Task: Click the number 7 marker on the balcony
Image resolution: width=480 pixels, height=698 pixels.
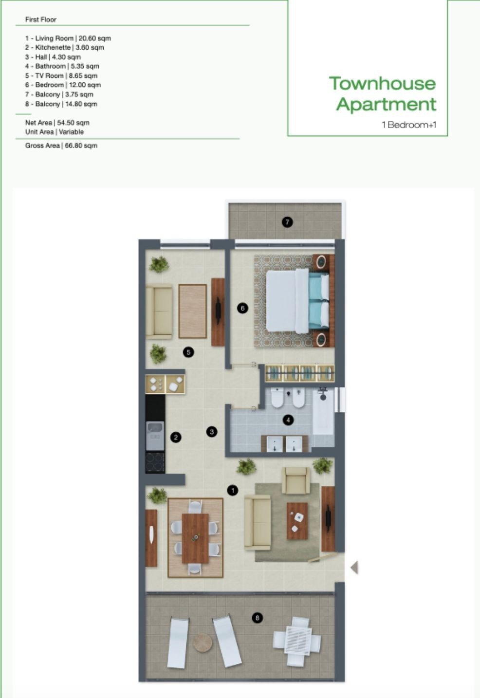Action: [x=287, y=222]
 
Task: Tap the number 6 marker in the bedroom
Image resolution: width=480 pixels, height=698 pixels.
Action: [x=242, y=308]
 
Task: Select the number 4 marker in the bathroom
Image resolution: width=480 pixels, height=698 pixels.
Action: [x=288, y=420]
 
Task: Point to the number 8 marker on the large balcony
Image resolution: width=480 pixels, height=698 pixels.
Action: [x=257, y=618]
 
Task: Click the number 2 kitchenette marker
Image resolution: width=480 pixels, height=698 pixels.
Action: [x=176, y=437]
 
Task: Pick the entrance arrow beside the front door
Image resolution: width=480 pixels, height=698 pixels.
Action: [x=354, y=567]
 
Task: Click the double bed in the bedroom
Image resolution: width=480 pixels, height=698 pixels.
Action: [x=297, y=301]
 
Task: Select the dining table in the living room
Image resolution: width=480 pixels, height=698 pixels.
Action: [x=195, y=538]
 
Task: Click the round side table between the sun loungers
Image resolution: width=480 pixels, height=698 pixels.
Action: [x=203, y=643]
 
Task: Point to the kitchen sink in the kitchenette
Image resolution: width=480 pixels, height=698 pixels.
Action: [x=155, y=435]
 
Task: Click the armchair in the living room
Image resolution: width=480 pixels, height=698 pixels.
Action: [x=296, y=480]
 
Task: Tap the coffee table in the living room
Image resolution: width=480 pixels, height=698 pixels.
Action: [x=297, y=521]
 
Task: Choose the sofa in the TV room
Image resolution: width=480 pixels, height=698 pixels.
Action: [x=159, y=312]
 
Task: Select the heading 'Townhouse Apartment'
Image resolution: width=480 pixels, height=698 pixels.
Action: [x=383, y=93]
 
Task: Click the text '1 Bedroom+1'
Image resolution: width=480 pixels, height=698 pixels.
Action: [x=409, y=125]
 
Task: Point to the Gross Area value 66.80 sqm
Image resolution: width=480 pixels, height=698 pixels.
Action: [x=81, y=146]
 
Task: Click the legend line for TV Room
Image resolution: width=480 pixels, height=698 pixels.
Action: [x=61, y=76]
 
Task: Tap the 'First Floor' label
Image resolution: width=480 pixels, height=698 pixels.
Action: [x=41, y=19]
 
